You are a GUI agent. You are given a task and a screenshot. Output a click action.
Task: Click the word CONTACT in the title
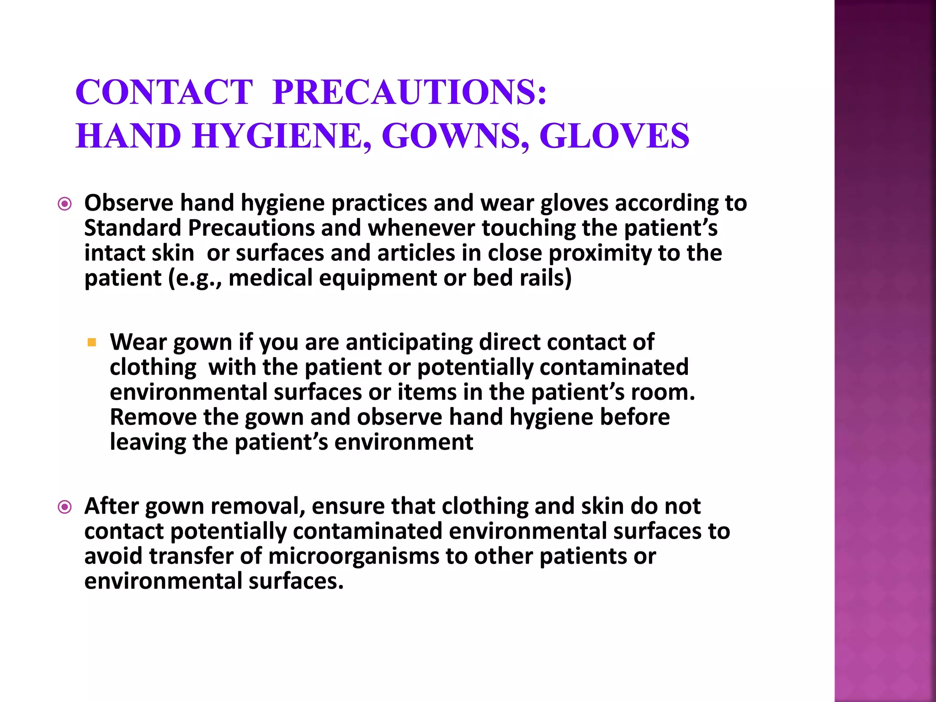pos(164,93)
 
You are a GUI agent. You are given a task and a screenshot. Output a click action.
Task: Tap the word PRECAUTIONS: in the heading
pos(409,93)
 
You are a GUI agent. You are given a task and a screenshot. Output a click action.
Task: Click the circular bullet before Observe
pos(65,204)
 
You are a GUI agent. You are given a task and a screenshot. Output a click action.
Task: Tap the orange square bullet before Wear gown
pos(92,342)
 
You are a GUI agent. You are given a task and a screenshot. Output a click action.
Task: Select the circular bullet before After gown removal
pos(65,507)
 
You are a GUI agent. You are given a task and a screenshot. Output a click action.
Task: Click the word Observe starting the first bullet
pos(128,203)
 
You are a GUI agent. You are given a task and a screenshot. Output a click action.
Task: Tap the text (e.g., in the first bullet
pos(195,278)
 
